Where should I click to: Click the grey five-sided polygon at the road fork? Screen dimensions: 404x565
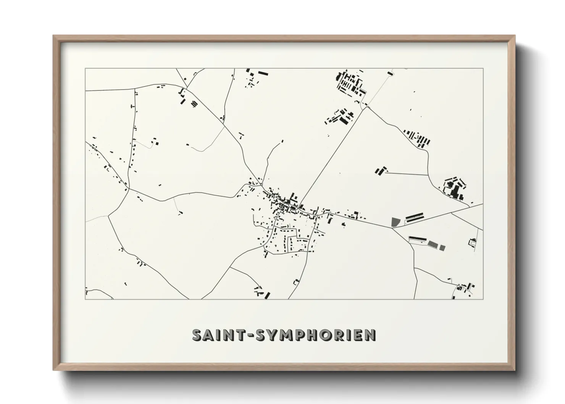396,222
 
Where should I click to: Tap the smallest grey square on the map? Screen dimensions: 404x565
442,248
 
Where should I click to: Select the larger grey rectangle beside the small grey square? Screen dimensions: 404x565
433,244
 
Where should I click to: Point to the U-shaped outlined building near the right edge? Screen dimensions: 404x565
473,242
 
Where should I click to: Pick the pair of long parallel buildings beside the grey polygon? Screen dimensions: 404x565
415,217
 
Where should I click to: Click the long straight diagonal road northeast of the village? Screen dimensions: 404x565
332,157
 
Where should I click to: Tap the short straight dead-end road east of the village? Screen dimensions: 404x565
407,174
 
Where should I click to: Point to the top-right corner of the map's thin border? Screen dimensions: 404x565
483,69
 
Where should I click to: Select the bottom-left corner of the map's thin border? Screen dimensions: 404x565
86,299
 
